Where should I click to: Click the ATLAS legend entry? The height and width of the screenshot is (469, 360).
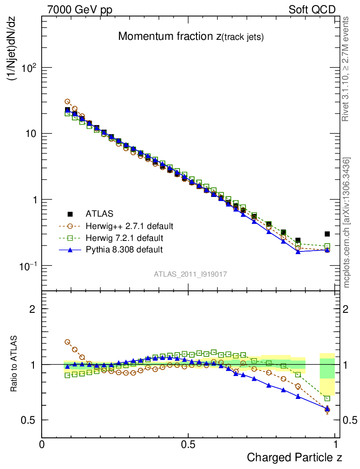click(x=99, y=214)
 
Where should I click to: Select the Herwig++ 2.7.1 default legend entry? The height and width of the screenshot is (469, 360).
click(x=129, y=226)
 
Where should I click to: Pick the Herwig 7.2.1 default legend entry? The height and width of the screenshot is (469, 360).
click(x=124, y=238)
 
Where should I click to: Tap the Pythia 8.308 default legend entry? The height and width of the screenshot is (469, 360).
click(x=124, y=250)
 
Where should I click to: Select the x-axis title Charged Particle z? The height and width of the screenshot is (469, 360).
click(x=295, y=457)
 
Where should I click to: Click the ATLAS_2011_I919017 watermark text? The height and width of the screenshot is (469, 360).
click(x=191, y=274)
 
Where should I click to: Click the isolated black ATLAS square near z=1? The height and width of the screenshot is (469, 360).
click(x=327, y=234)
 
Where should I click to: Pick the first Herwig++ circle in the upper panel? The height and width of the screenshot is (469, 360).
click(x=67, y=102)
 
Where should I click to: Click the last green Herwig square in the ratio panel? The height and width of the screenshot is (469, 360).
click(x=327, y=398)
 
